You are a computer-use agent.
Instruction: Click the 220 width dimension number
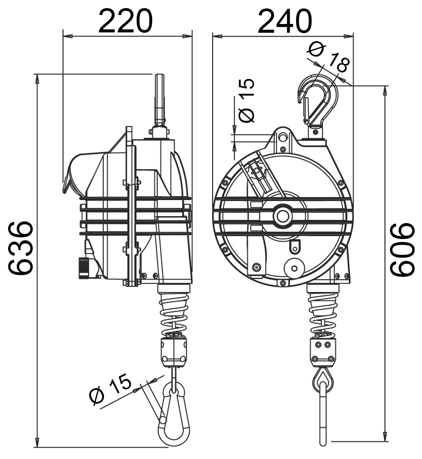[x=125, y=21]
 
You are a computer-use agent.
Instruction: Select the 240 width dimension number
[x=285, y=21]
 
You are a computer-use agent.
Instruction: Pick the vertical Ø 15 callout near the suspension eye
[x=247, y=101]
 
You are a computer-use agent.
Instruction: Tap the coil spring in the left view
[x=174, y=310]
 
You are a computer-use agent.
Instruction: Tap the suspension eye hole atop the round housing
[x=282, y=136]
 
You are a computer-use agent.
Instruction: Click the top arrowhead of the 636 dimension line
[x=37, y=78]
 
